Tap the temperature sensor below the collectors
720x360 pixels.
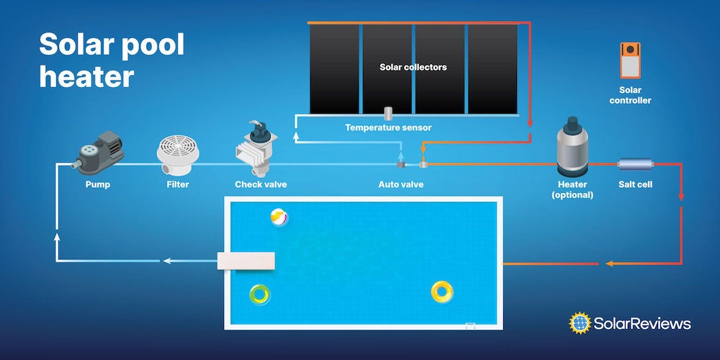coord(387,113)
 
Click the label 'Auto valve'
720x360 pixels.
coord(401,185)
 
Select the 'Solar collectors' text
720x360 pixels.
coord(413,67)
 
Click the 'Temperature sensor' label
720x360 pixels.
coord(388,128)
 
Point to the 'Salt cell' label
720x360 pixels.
coord(635,185)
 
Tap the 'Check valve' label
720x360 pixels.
coord(261,185)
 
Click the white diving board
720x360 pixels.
coord(247,261)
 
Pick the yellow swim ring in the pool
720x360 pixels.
coord(441,291)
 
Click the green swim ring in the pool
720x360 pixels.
coord(260,294)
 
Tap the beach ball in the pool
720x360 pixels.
coord(279,217)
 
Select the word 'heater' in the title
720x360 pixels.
coord(86,75)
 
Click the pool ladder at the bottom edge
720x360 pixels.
coord(471,325)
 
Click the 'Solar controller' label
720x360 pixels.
coord(630,95)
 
